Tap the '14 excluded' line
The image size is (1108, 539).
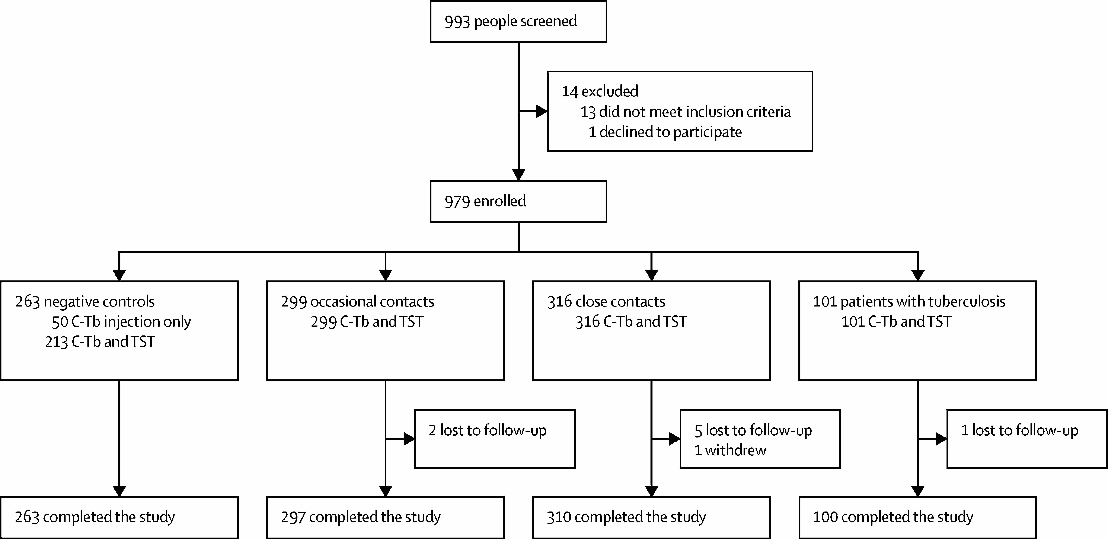coord(600,91)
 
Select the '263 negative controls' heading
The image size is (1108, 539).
coord(85,301)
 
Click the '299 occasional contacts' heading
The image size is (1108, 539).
coord(357,301)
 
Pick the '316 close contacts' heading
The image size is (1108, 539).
coord(606,301)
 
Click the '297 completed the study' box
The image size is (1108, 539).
coord(385,517)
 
